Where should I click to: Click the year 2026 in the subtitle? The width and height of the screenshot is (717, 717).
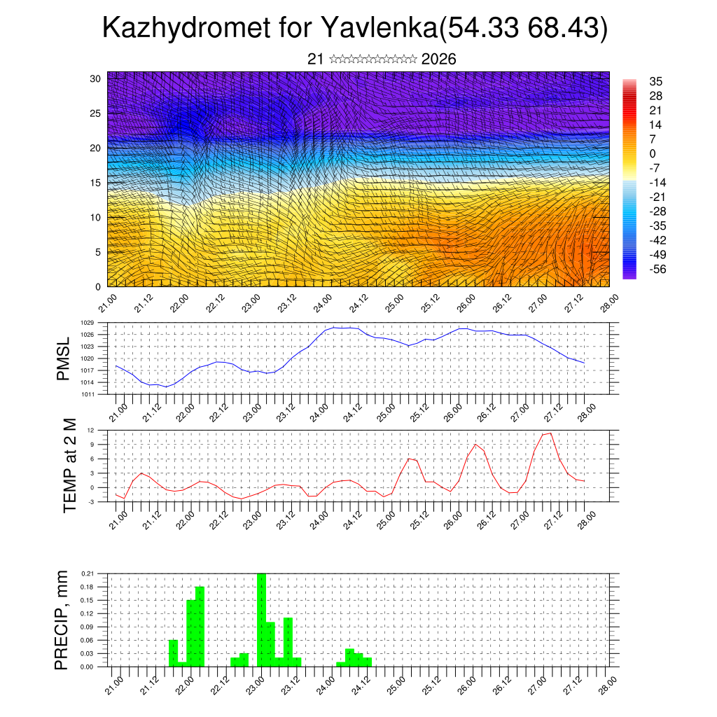click(x=439, y=60)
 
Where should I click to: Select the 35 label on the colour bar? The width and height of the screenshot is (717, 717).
click(x=656, y=81)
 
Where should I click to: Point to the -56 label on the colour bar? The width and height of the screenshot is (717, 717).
click(x=657, y=269)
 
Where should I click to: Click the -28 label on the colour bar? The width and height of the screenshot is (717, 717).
click(x=657, y=211)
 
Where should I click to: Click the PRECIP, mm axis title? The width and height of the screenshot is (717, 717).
click(x=64, y=620)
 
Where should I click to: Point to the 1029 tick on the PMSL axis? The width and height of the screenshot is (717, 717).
click(x=87, y=323)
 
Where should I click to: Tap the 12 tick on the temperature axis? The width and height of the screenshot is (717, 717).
click(x=91, y=430)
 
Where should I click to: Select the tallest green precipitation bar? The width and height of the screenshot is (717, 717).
click(x=261, y=620)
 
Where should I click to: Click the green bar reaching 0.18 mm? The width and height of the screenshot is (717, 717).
click(x=200, y=627)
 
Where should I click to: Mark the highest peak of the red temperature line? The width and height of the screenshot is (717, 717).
click(x=550, y=433)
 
